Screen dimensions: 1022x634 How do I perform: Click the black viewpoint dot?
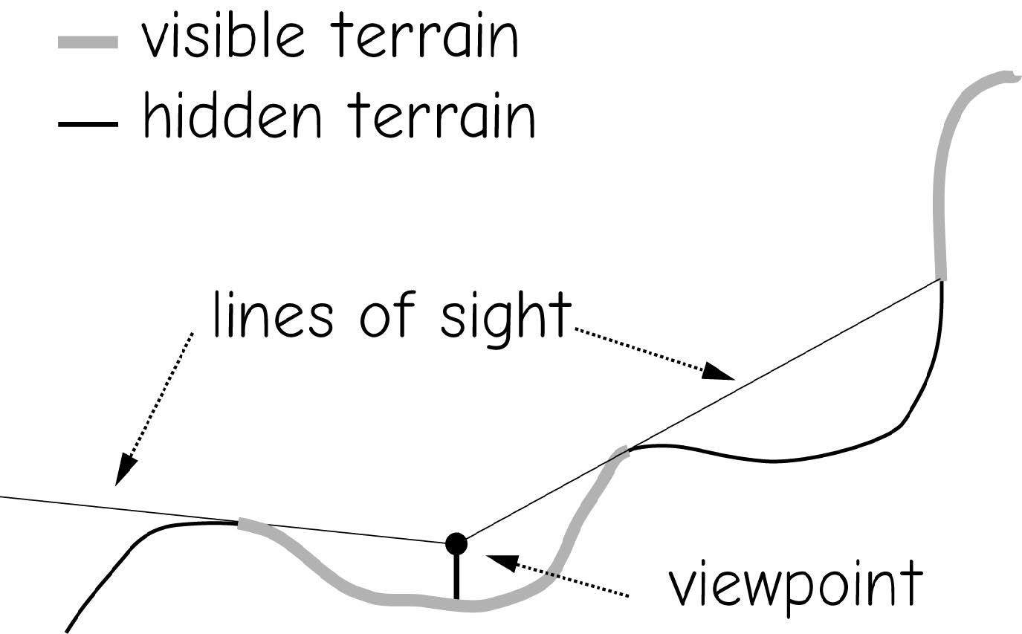point(456,543)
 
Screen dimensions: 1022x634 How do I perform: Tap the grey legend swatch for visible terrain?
point(88,42)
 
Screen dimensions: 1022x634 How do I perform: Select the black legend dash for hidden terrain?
point(88,123)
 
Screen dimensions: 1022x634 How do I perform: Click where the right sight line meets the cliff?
point(942,279)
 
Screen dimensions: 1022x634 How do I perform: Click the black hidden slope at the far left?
point(111,572)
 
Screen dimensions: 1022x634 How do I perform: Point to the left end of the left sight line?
point(4,495)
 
